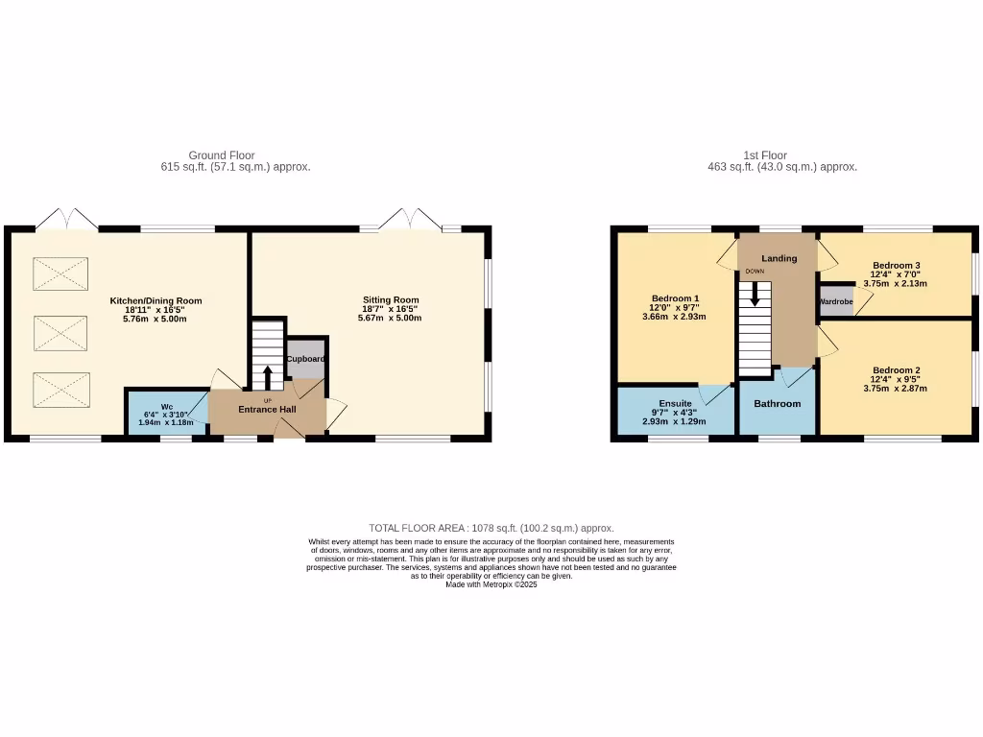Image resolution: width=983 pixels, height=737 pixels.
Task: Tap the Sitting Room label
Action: tap(391, 299)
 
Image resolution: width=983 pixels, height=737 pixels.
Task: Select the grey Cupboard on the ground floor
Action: tap(306, 358)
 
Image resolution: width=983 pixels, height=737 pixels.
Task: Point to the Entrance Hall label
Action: tap(267, 410)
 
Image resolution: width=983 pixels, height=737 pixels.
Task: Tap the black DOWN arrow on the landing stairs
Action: tap(755, 292)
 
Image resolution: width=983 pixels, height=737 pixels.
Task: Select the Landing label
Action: tap(779, 258)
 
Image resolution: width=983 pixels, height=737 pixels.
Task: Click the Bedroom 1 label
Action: tap(675, 297)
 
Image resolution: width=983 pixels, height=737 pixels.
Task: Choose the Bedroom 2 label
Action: tap(897, 370)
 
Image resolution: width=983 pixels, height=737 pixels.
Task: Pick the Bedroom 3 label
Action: tap(897, 265)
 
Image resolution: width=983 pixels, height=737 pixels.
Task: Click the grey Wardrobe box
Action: tap(835, 301)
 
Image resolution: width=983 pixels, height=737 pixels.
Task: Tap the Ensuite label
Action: tap(675, 403)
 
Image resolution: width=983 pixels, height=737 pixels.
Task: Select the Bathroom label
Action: tap(777, 404)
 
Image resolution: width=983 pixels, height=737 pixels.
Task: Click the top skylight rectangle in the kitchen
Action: tap(60, 273)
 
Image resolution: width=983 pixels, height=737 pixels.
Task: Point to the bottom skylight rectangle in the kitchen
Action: tap(60, 390)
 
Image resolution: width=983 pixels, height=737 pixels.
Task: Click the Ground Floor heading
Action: tap(221, 155)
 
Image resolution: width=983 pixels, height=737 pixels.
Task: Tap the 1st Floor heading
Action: tap(765, 155)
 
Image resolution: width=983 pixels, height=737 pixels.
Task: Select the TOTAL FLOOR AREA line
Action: tap(491, 528)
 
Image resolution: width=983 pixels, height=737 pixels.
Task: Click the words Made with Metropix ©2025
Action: tap(491, 584)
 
